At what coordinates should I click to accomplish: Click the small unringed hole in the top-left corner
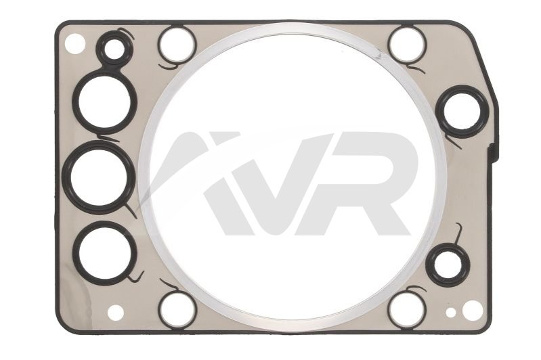[x=74, y=44]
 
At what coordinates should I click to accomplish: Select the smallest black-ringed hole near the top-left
[x=113, y=49]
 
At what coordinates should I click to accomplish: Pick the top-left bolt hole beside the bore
[x=177, y=45]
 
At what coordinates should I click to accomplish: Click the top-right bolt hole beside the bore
[x=406, y=45]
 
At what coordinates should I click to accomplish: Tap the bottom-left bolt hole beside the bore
[x=177, y=309]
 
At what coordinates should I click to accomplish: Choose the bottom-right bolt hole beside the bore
[x=406, y=309]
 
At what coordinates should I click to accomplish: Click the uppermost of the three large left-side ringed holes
[x=104, y=101]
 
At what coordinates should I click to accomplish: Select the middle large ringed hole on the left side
[x=99, y=176]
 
